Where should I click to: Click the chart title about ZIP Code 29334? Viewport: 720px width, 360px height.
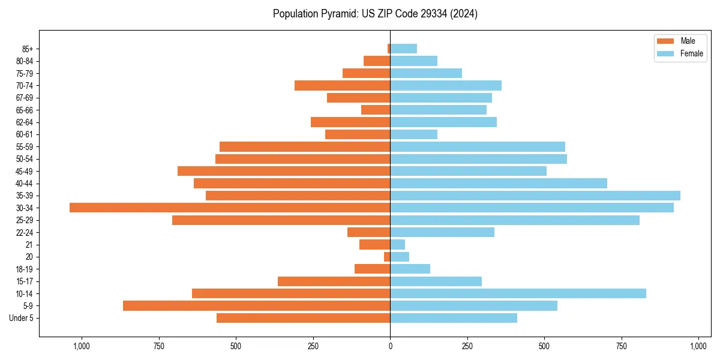[x=375, y=14]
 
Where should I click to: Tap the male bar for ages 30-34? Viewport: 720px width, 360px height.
[x=230, y=208]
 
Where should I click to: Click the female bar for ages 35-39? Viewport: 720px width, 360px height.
[x=535, y=196]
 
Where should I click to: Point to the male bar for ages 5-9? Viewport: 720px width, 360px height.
[x=257, y=305]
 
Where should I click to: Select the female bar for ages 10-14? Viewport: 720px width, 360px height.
[x=518, y=293]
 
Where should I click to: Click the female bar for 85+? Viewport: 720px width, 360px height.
[x=404, y=49]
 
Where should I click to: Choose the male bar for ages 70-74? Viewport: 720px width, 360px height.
[x=343, y=85]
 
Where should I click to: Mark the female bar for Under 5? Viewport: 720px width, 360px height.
[x=454, y=318]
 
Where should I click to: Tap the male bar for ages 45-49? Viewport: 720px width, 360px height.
[x=284, y=171]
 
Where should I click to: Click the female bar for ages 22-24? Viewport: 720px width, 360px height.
[x=442, y=232]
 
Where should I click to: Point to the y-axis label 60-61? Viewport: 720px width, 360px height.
[x=25, y=134]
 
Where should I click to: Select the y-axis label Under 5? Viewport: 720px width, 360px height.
[x=22, y=318]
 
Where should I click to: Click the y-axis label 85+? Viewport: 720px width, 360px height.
[x=28, y=49]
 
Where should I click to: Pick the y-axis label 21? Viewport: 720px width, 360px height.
[x=29, y=245]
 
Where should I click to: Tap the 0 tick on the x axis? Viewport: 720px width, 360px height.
[x=390, y=346]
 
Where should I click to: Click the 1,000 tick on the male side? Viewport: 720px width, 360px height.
[x=82, y=346]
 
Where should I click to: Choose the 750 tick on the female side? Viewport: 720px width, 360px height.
[x=622, y=346]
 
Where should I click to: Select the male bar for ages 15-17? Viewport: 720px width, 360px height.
[x=334, y=281]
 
